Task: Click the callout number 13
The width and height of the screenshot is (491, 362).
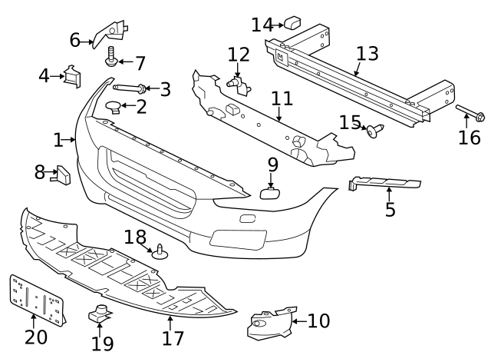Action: point(367,54)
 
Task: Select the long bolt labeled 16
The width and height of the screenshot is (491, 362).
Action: point(470,116)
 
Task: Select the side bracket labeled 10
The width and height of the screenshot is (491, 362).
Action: point(270,324)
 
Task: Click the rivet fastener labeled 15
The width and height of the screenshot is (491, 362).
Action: point(375,131)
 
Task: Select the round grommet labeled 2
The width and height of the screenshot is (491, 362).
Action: point(112,106)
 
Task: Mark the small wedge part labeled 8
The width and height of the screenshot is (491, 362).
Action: point(62,175)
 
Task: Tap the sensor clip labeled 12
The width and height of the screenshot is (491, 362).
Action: point(236,81)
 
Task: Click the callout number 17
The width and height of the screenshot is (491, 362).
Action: point(173,337)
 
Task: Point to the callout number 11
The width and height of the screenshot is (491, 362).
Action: point(282,98)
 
